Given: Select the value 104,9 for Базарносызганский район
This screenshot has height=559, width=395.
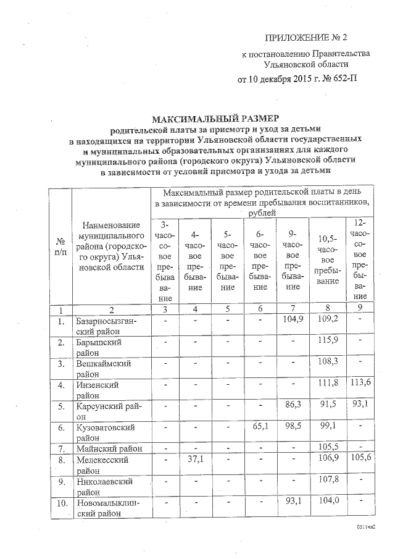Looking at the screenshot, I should click(294, 321).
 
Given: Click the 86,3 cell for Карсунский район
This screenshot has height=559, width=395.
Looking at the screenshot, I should click(294, 406).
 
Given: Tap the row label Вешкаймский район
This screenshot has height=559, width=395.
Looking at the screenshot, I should click(104, 368).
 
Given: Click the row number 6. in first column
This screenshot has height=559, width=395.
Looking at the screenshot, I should click(61, 427).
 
